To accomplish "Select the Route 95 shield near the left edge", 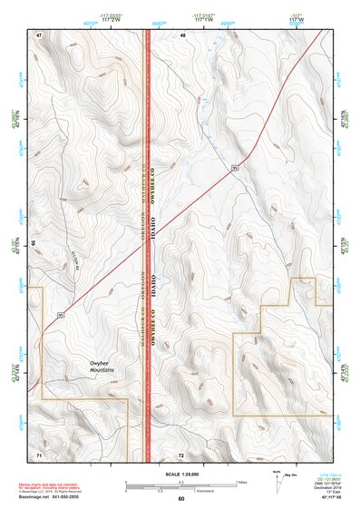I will (61, 313).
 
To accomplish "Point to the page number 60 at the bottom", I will (180, 499).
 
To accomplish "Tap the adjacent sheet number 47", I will (39, 34).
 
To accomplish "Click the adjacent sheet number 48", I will (181, 34).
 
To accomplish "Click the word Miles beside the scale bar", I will (240, 482).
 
